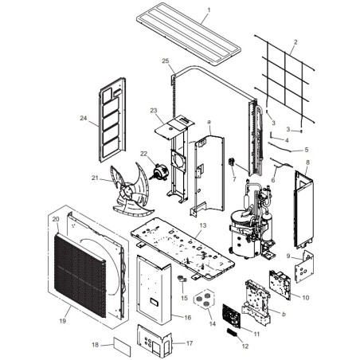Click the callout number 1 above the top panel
pos(209,10)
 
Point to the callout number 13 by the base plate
pos(203,225)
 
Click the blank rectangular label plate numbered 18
pos(123,346)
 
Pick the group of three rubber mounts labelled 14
pos(204,299)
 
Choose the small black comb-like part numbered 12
pos(233,333)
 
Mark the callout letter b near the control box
pos(284,314)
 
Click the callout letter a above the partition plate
pos(209,122)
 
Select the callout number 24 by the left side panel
pos(84,118)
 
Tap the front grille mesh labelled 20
pos(80,275)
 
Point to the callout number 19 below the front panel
pos(62,321)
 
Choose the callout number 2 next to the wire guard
pos(295,42)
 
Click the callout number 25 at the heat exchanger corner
pos(166,61)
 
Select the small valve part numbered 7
pos(232,162)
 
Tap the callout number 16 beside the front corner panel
pos(188,318)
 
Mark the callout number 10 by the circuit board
pos(306,298)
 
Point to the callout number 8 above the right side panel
pos(307,162)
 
